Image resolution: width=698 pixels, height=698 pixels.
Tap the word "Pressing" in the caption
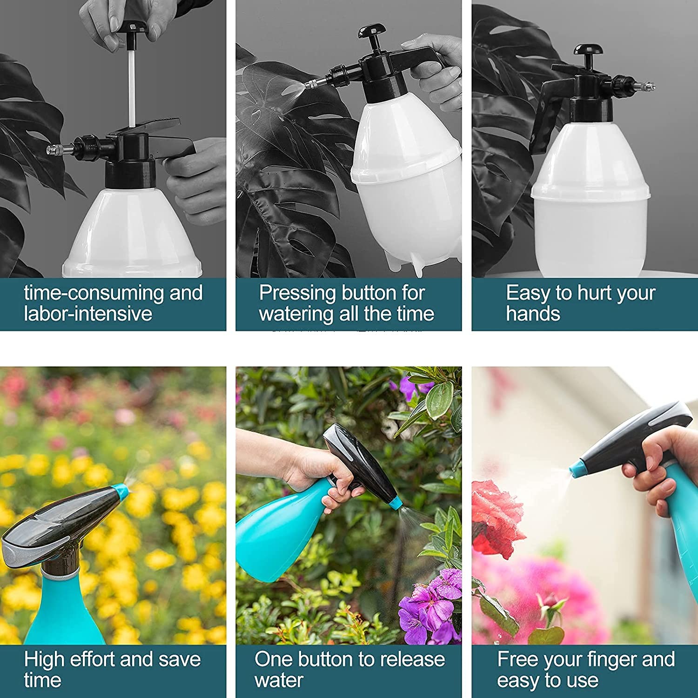point(298,293)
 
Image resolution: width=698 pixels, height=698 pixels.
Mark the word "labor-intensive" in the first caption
point(88,314)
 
